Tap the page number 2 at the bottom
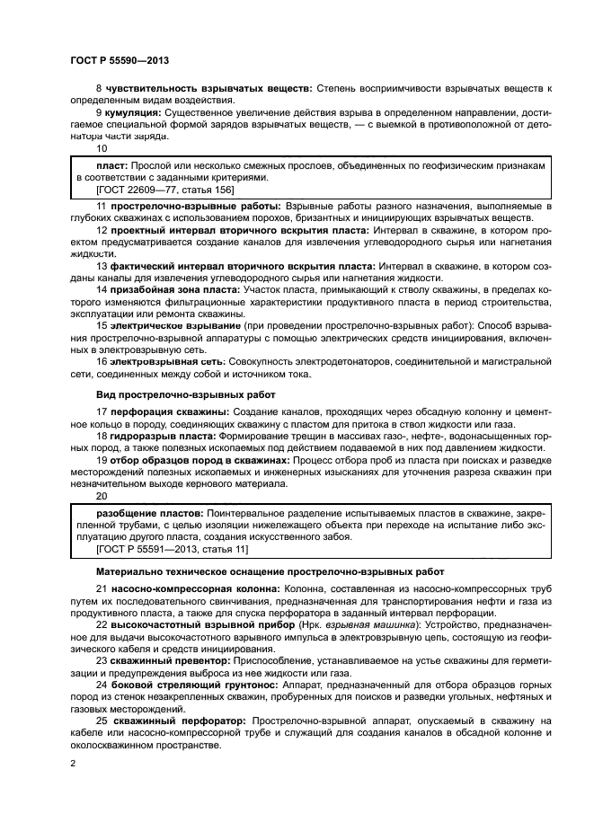click(x=73, y=763)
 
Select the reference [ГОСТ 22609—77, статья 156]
click(x=159, y=190)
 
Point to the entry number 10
click(x=101, y=148)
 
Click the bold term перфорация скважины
click(x=165, y=411)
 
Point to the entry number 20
click(x=101, y=495)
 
